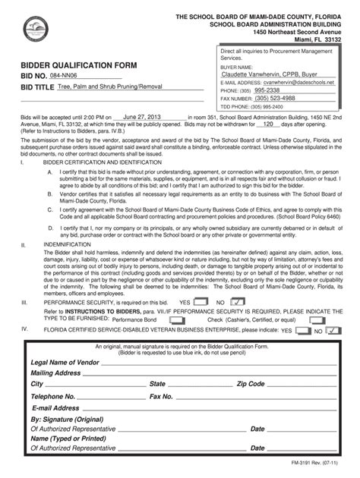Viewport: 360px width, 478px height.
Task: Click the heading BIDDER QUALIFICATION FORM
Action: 79,65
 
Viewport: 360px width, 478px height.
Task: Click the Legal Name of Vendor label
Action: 65,362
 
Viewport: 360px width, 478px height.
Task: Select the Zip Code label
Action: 251,384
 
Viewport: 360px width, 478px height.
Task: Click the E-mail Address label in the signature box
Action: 55,407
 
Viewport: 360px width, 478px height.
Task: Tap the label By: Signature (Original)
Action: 67,419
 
